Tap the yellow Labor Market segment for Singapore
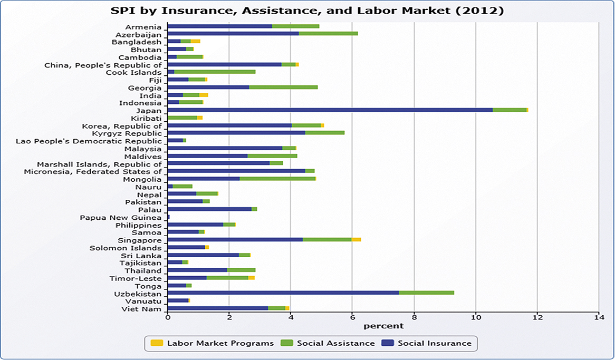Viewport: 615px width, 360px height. pyautogui.click(x=356, y=240)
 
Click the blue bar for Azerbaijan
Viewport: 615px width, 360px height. pyautogui.click(x=233, y=34)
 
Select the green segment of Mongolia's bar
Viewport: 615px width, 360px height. pyautogui.click(x=277, y=179)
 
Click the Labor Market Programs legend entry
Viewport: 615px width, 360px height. pyautogui.click(x=212, y=343)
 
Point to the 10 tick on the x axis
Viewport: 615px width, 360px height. pyautogui.click(x=476, y=317)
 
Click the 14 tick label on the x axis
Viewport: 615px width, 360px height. pyautogui.click(x=599, y=317)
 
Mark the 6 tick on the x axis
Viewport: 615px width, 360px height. pyautogui.click(x=352, y=317)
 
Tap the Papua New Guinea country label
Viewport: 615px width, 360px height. pyautogui.click(x=121, y=218)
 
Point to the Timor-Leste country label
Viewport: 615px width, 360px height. pyautogui.click(x=136, y=278)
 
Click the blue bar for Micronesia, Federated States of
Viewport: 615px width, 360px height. pyautogui.click(x=236, y=171)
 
